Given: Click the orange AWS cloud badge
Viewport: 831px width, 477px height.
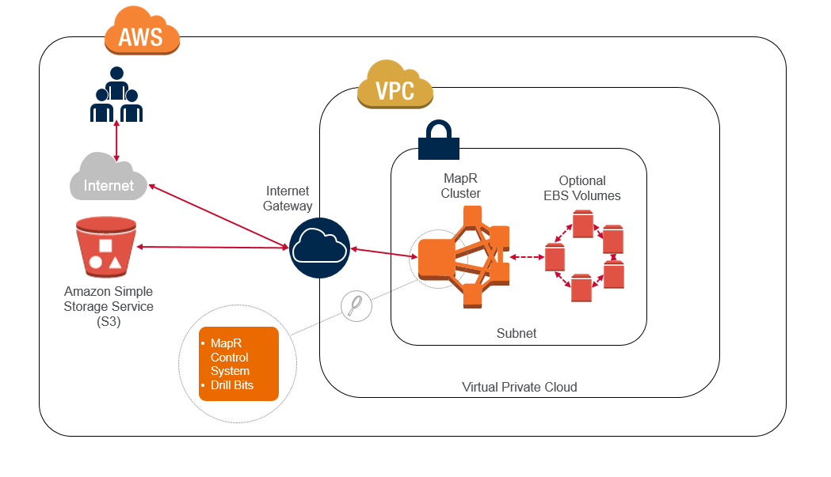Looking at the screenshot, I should point(142,32).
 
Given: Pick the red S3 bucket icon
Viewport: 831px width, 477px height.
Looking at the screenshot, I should point(106,247).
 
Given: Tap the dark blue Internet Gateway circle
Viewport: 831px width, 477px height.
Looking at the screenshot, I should point(319,249).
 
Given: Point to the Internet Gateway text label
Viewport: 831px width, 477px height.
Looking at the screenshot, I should point(289,199).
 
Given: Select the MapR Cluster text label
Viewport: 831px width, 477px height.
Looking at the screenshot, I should point(461,187).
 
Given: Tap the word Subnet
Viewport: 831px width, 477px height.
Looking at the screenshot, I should point(517,333).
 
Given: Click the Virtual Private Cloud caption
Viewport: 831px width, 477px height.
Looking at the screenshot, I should point(520,387).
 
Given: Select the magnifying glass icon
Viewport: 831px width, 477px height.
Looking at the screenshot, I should point(356,304).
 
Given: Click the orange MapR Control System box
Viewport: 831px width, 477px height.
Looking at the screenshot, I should point(238,364).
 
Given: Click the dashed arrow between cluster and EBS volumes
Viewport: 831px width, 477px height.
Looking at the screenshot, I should point(526,257).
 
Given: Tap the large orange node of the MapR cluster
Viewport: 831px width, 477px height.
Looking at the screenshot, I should point(436,258).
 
